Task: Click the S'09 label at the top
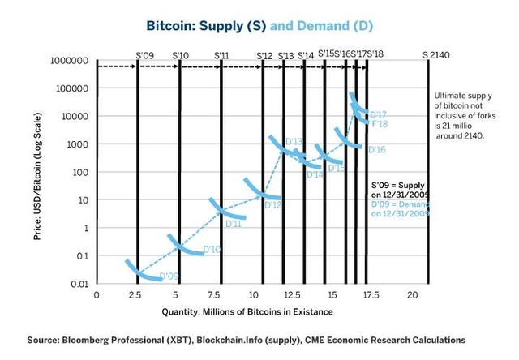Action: (144, 55)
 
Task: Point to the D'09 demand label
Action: (169, 276)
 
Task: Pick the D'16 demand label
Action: (376, 150)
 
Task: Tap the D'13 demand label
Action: (294, 142)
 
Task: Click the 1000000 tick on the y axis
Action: (69, 61)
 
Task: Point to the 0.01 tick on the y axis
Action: (78, 284)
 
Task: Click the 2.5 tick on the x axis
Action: (137, 294)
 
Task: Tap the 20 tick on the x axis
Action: (412, 294)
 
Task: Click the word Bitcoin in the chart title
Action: (173, 26)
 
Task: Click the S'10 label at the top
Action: (181, 55)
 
